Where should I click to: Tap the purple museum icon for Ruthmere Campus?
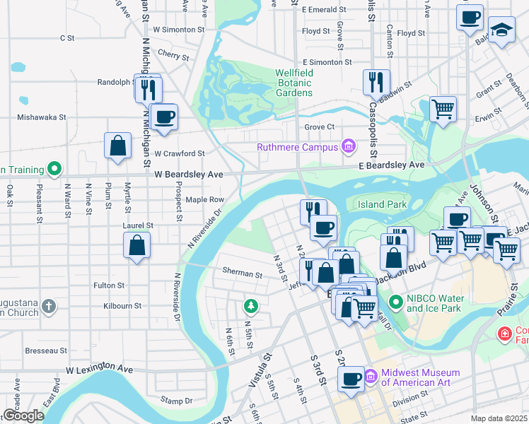click(347, 147)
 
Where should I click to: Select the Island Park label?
click(381, 204)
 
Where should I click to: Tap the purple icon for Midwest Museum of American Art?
click(371, 373)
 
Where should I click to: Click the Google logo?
click(23, 416)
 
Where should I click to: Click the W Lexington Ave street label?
click(100, 369)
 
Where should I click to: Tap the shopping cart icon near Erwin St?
click(443, 110)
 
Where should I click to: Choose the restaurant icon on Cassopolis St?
click(376, 82)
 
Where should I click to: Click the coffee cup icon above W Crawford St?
click(164, 117)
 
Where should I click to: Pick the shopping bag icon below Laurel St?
click(137, 246)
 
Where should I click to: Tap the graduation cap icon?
click(501, 30)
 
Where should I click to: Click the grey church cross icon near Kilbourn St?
click(48, 307)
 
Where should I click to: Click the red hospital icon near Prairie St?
click(505, 332)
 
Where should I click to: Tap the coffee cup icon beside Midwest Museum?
click(349, 379)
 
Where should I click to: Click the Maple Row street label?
click(204, 200)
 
